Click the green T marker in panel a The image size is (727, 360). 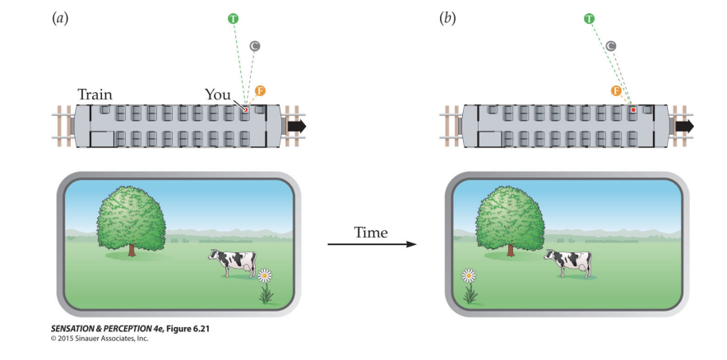[234, 17]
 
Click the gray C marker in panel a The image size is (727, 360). [256, 46]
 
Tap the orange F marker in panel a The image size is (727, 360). [261, 90]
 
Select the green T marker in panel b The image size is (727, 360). [590, 18]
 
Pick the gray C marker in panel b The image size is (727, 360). [611, 45]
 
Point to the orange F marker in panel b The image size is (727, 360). [616, 90]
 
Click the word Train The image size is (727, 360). [95, 95]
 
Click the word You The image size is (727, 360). [217, 95]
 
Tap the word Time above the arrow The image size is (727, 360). [371, 233]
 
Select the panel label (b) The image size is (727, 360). [448, 17]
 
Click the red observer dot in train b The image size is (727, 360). [632, 108]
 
